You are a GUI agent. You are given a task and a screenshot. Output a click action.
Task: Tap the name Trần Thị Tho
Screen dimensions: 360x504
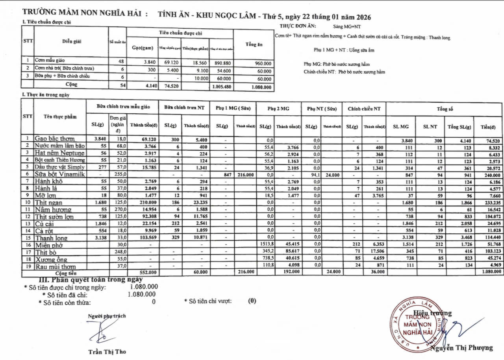point(107,351)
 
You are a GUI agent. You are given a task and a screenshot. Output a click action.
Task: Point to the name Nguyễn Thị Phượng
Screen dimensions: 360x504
point(461,347)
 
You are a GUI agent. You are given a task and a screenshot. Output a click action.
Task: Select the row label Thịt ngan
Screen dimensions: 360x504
point(48,203)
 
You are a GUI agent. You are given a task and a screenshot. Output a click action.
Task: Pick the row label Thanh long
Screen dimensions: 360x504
point(51,238)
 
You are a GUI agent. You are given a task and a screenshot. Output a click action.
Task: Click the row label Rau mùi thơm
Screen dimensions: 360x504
point(55,267)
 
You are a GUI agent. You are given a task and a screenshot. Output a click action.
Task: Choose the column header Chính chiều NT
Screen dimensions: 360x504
point(364,109)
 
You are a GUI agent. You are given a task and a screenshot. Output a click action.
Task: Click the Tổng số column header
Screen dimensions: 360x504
point(445,109)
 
